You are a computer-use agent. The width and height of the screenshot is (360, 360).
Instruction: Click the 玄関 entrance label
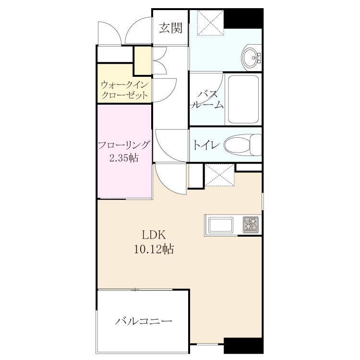(170, 28)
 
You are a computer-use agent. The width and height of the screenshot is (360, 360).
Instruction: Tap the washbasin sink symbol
(251, 58)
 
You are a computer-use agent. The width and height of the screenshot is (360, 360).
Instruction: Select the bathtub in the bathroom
(243, 99)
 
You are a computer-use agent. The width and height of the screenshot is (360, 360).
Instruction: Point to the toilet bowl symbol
(243, 145)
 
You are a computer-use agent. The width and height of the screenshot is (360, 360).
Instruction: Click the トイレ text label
(206, 145)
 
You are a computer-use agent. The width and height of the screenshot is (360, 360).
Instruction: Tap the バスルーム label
(207, 100)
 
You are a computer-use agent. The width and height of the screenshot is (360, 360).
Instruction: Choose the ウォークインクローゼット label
(124, 90)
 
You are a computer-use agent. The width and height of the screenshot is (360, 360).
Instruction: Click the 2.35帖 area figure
(124, 158)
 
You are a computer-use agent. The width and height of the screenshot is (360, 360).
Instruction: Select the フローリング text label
(124, 145)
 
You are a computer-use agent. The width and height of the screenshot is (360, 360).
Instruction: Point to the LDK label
(154, 235)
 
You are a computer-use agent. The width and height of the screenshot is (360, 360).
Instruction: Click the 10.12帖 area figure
(154, 249)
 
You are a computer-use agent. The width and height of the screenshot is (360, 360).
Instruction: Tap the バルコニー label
(144, 321)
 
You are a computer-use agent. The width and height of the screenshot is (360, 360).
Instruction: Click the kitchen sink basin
(221, 225)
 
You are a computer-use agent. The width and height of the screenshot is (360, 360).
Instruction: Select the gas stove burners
(251, 225)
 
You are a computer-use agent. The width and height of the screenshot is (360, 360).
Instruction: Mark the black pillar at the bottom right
(243, 346)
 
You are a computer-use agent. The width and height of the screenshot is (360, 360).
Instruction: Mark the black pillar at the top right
(243, 18)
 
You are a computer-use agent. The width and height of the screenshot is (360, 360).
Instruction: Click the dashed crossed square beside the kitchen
(219, 175)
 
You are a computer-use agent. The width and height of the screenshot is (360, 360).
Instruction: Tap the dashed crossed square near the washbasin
(210, 23)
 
